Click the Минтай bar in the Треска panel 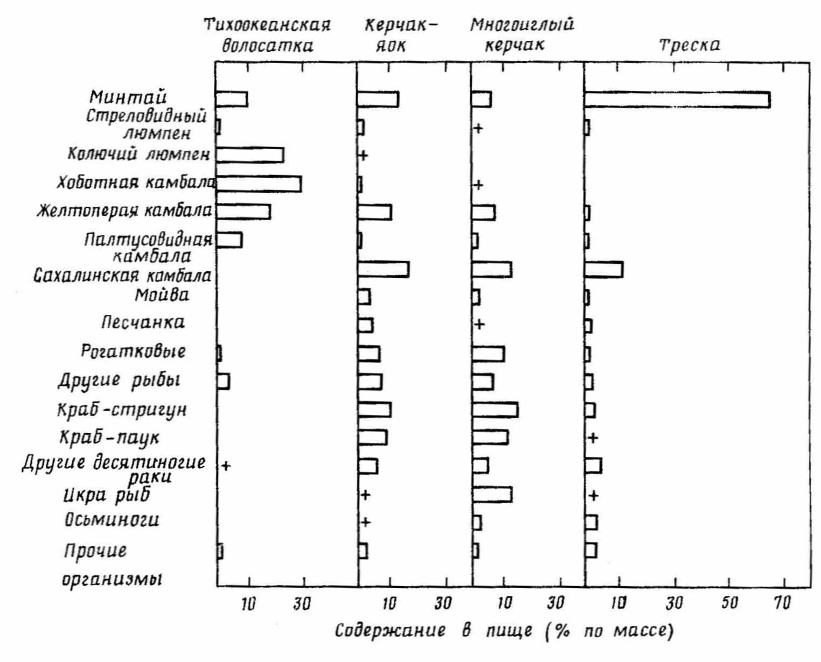pyautogui.click(x=677, y=100)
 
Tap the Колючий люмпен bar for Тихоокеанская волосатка pyautogui.click(x=250, y=155)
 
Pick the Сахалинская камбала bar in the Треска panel pyautogui.click(x=604, y=269)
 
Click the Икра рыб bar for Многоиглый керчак pyautogui.click(x=492, y=494)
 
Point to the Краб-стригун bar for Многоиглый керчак pyautogui.click(x=495, y=410)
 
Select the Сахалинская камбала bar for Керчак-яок pyautogui.click(x=383, y=269)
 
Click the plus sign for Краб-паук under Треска pyautogui.click(x=593, y=438)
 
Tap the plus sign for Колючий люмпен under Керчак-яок pyautogui.click(x=363, y=156)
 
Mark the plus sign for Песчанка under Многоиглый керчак pyautogui.click(x=479, y=324)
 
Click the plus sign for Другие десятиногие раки pyautogui.click(x=226, y=466)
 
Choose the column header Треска pyautogui.click(x=690, y=45)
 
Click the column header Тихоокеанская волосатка pyautogui.click(x=267, y=36)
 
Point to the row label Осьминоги pyautogui.click(x=112, y=520)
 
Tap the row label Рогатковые pyautogui.click(x=133, y=351)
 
